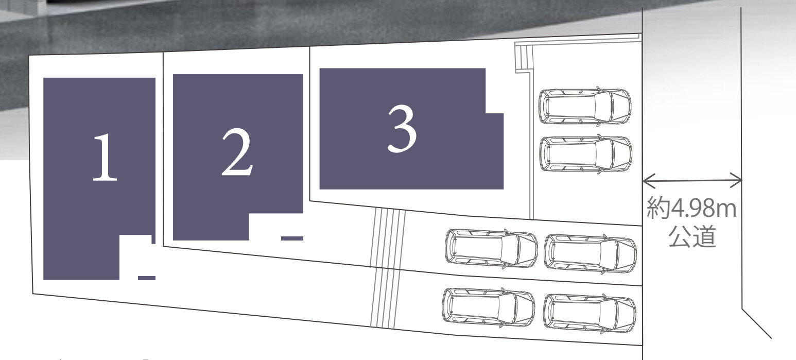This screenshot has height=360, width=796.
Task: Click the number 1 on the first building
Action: pos(105,158)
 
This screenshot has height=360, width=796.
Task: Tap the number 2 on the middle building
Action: pos(237,152)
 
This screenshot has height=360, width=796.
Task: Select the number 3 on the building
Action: pos(402,129)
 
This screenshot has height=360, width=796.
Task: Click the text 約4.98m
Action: pos(691,208)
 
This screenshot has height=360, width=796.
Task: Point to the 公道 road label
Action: pos(692,236)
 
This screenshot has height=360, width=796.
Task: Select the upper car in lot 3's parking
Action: pos(585,107)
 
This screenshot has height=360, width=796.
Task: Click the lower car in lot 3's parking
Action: pos(585,154)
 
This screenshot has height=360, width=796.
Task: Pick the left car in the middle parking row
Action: pos(492,248)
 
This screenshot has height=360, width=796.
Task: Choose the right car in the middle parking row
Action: pos(590,254)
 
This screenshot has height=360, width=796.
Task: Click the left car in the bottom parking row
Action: pos(489,307)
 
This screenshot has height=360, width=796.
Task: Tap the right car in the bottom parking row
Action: pos(590,313)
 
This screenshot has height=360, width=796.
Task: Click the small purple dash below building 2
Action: pos(292,238)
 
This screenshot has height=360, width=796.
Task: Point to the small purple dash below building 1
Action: pos(147,278)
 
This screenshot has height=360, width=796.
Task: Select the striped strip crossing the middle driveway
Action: pos(388,238)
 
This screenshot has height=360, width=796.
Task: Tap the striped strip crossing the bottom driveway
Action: pos(385,298)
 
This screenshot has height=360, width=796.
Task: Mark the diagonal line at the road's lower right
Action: pos(756,323)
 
